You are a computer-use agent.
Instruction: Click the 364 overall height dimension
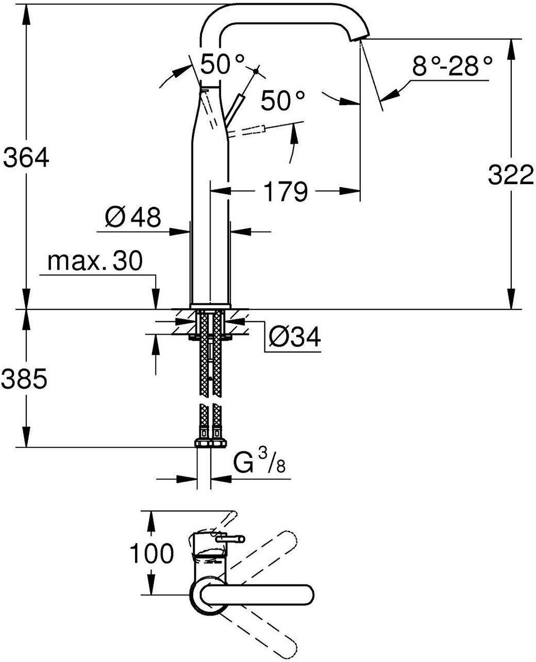coord(25,158)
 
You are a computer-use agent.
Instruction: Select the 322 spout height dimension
coord(511,174)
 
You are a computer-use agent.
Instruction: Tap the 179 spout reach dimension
coord(286,191)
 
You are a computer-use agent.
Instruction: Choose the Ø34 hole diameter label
coord(294,337)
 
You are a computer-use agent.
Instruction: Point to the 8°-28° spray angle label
coord(452,66)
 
